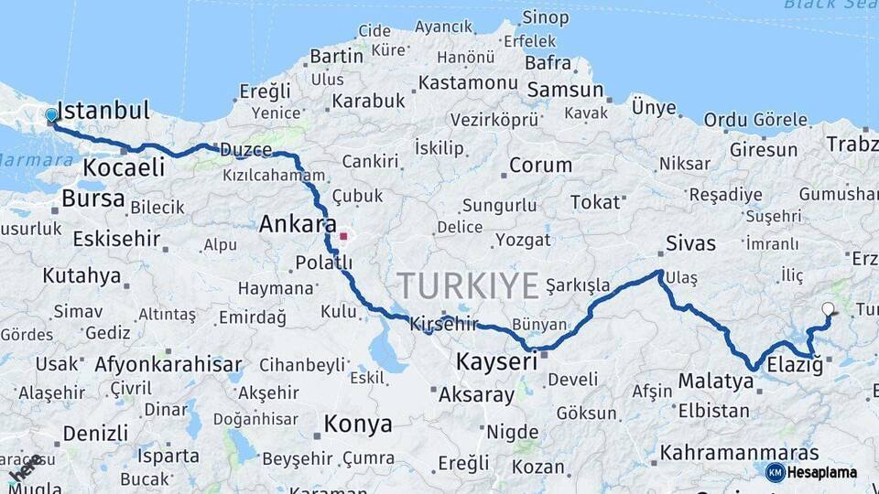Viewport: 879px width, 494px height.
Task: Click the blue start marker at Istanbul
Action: coord(51,115)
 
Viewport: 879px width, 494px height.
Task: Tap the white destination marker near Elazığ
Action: coord(829,309)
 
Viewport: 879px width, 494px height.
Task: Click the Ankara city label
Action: coord(297,223)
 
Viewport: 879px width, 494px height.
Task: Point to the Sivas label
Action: coord(690,243)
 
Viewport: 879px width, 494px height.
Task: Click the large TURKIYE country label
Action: coord(468,285)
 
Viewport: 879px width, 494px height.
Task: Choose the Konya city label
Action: coord(358,424)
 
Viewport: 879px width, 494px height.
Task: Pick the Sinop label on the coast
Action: coord(546,16)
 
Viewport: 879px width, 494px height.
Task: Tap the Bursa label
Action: coord(93,198)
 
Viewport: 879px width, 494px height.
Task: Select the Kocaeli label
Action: coord(124,166)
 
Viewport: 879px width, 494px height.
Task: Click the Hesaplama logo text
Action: coord(822,472)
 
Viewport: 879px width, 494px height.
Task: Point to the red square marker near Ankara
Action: coord(343,236)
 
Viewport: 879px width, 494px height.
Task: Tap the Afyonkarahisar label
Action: coord(168,363)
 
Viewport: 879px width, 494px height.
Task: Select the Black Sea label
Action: coord(829,5)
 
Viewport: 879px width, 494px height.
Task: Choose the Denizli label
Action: coord(95,432)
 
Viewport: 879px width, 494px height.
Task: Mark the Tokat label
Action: coord(595,202)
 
